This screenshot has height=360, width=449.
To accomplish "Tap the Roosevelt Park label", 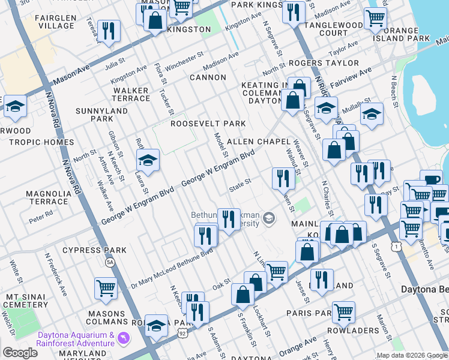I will (208, 124).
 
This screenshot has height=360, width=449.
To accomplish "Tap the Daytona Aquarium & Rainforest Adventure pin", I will (124, 338).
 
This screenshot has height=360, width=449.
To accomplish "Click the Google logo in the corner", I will (20, 353).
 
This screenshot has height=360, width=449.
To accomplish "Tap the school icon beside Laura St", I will (148, 160).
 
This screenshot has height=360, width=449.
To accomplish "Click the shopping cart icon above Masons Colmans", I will (106, 287).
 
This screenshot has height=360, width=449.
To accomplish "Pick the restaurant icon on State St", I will (282, 178).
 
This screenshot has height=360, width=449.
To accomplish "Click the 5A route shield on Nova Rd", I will (110, 262).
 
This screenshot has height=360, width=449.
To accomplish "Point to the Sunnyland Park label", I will (102, 115).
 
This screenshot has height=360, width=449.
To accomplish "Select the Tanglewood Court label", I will (334, 29).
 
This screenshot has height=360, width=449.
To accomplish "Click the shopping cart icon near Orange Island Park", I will (375, 18).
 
